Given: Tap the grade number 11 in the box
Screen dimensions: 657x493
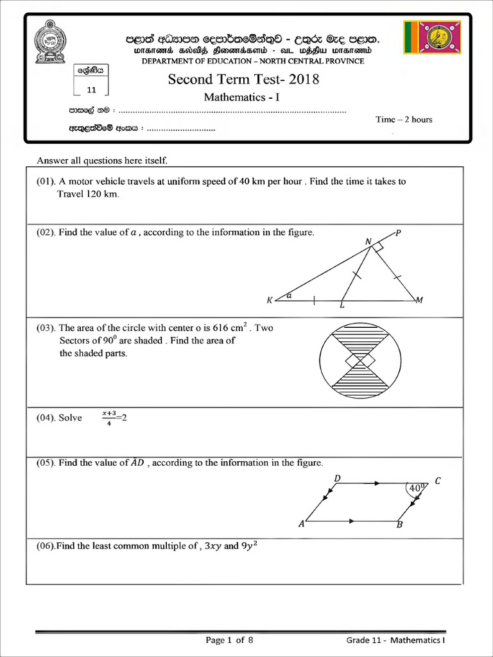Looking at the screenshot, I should (91, 90).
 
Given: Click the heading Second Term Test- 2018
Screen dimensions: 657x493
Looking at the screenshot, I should (243, 80).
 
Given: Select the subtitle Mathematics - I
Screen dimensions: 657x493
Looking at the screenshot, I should (242, 98).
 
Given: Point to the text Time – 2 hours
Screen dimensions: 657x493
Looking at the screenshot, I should (404, 119).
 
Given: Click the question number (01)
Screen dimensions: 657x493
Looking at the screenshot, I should (48, 182).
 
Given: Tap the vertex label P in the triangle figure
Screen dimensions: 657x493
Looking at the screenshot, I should (398, 233).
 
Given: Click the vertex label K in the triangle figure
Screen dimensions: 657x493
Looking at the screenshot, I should (270, 300).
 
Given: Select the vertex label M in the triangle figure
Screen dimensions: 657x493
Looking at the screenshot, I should (419, 300).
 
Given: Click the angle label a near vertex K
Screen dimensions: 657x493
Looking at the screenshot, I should (289, 296).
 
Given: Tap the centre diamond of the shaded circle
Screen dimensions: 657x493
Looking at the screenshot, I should (360, 363).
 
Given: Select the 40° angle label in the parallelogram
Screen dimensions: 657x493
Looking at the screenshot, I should (417, 488).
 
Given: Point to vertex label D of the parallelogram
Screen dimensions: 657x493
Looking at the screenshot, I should (337, 479).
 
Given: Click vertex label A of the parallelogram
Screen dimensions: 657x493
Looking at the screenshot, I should (301, 524).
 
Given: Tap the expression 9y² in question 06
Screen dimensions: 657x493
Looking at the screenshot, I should (250, 547).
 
